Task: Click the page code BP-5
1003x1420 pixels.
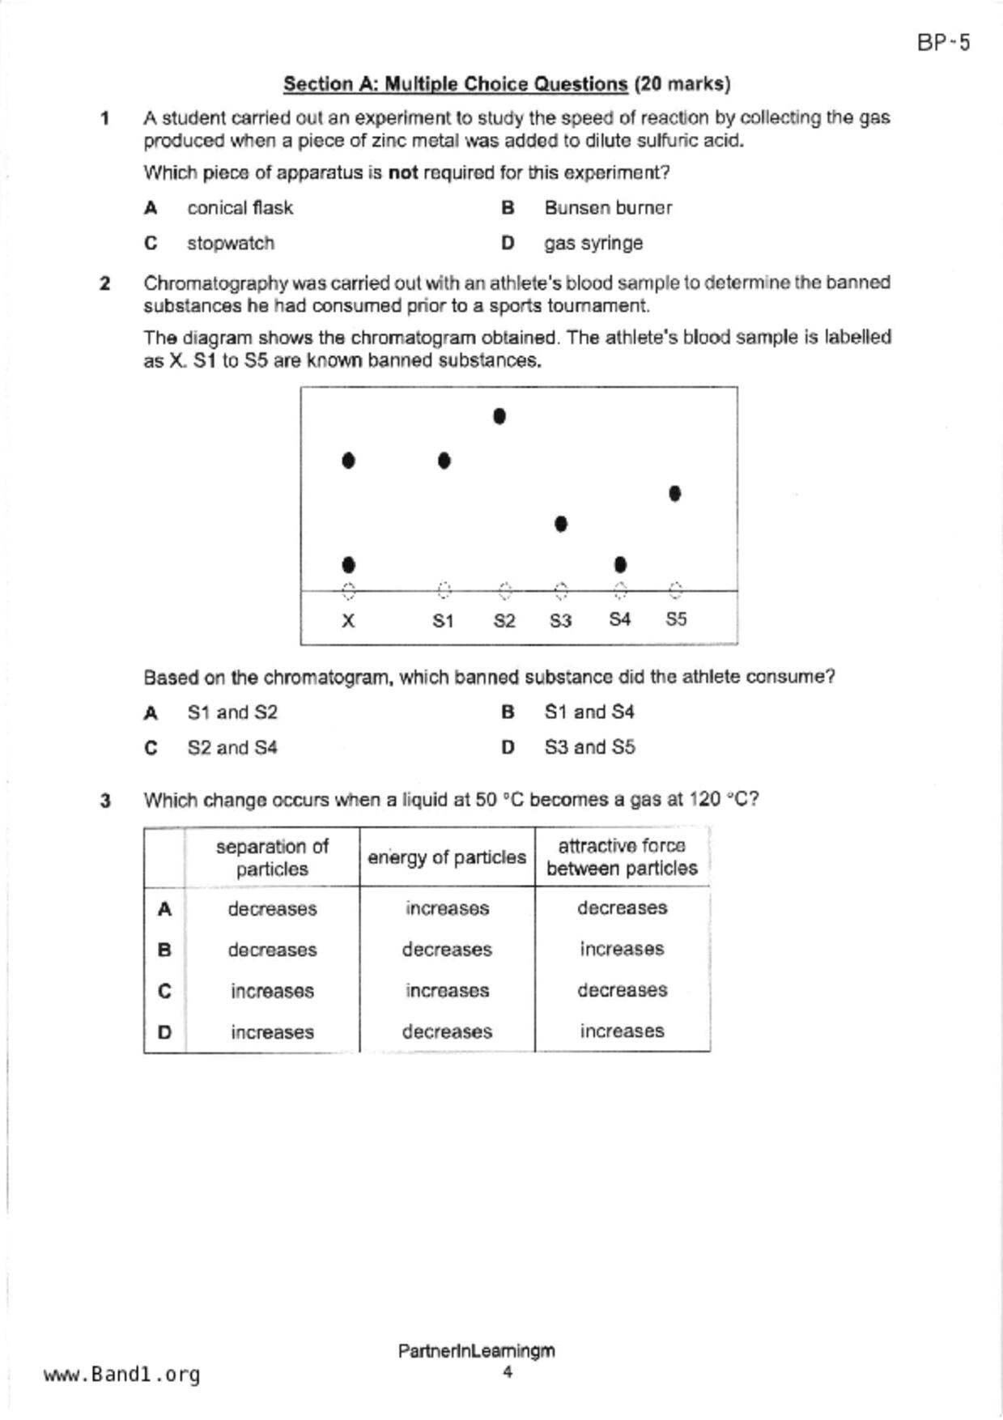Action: [x=943, y=43]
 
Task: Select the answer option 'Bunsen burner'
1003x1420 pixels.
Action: [x=607, y=208]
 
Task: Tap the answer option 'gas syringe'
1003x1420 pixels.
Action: [x=593, y=243]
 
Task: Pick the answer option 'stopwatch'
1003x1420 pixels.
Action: [x=230, y=243]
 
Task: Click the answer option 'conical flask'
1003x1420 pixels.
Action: [x=240, y=208]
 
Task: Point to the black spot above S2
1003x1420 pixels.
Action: [x=499, y=416]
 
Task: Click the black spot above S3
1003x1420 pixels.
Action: [x=561, y=524]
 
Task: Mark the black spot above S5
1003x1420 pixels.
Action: [x=675, y=493]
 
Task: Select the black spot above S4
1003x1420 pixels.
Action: [x=620, y=564]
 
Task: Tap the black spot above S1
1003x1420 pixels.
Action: [x=444, y=461]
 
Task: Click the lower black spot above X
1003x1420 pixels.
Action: [x=348, y=564]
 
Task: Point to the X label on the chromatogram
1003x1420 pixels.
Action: [x=348, y=621]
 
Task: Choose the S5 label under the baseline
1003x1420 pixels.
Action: [x=676, y=619]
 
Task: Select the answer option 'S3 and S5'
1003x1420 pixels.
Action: [x=589, y=747]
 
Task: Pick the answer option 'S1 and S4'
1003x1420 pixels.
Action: [x=589, y=712]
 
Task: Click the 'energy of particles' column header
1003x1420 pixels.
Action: [x=447, y=857]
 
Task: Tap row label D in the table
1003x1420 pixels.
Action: [x=164, y=1032]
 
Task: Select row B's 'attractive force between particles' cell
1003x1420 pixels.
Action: [x=622, y=949]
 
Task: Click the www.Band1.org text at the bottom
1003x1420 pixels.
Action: [x=121, y=1375]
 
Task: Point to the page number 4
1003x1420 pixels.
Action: [x=507, y=1371]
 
